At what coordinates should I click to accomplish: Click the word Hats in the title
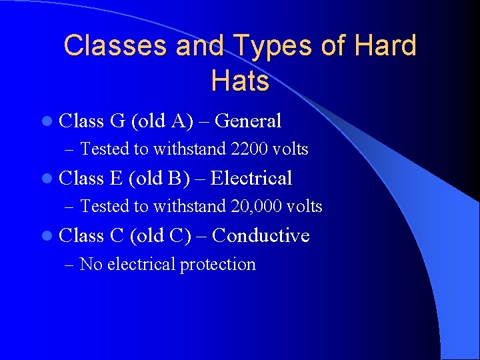[240, 81]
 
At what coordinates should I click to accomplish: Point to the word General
[249, 121]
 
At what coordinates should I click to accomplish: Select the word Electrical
[251, 179]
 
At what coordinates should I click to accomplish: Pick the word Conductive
[261, 236]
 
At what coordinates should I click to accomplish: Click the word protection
[217, 265]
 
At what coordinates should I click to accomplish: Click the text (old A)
[159, 121]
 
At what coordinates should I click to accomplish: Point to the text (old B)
[159, 179]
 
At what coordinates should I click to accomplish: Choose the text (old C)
[159, 236]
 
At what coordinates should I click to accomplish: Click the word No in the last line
[91, 265]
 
